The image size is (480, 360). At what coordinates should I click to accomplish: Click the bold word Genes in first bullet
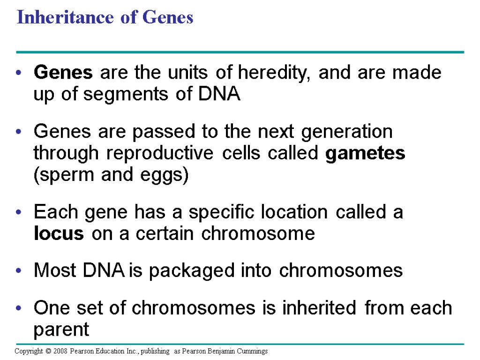[63, 73]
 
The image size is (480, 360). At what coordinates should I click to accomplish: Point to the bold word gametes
[365, 153]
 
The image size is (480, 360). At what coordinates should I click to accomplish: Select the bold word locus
[59, 233]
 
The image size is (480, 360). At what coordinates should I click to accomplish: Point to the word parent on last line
[61, 330]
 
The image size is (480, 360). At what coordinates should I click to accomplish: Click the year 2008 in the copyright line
[60, 351]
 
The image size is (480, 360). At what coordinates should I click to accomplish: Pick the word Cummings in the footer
[253, 351]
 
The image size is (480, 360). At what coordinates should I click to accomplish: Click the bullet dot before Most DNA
[18, 271]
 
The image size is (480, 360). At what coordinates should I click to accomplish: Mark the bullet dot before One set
[18, 308]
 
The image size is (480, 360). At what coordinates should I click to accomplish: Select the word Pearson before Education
[82, 351]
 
